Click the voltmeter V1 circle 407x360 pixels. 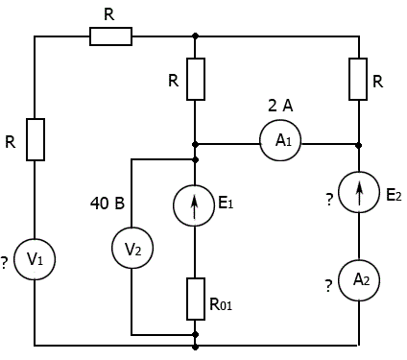[x=15, y=259]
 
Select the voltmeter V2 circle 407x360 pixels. [x=111, y=248]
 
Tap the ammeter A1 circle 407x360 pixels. [x=260, y=140]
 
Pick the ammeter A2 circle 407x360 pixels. [x=339, y=280]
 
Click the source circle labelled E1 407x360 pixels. [x=174, y=205]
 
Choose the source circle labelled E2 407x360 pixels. [x=339, y=191]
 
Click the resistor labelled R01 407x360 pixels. [x=196, y=299]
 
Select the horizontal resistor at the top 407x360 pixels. [x=110, y=36]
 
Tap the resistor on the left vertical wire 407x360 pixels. [x=36, y=139]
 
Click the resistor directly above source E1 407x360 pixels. [x=196, y=79]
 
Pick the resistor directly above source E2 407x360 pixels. [x=358, y=79]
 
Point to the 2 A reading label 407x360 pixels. [x=280, y=106]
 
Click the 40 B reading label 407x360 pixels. [x=108, y=203]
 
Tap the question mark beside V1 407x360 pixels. [x=4, y=263]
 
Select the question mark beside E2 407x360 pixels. [x=329, y=200]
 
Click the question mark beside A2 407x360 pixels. [x=328, y=286]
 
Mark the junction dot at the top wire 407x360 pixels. [x=196, y=36]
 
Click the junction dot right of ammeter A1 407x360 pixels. [x=359, y=145]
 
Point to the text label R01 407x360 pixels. [x=221, y=304]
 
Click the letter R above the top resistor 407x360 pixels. [x=109, y=14]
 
